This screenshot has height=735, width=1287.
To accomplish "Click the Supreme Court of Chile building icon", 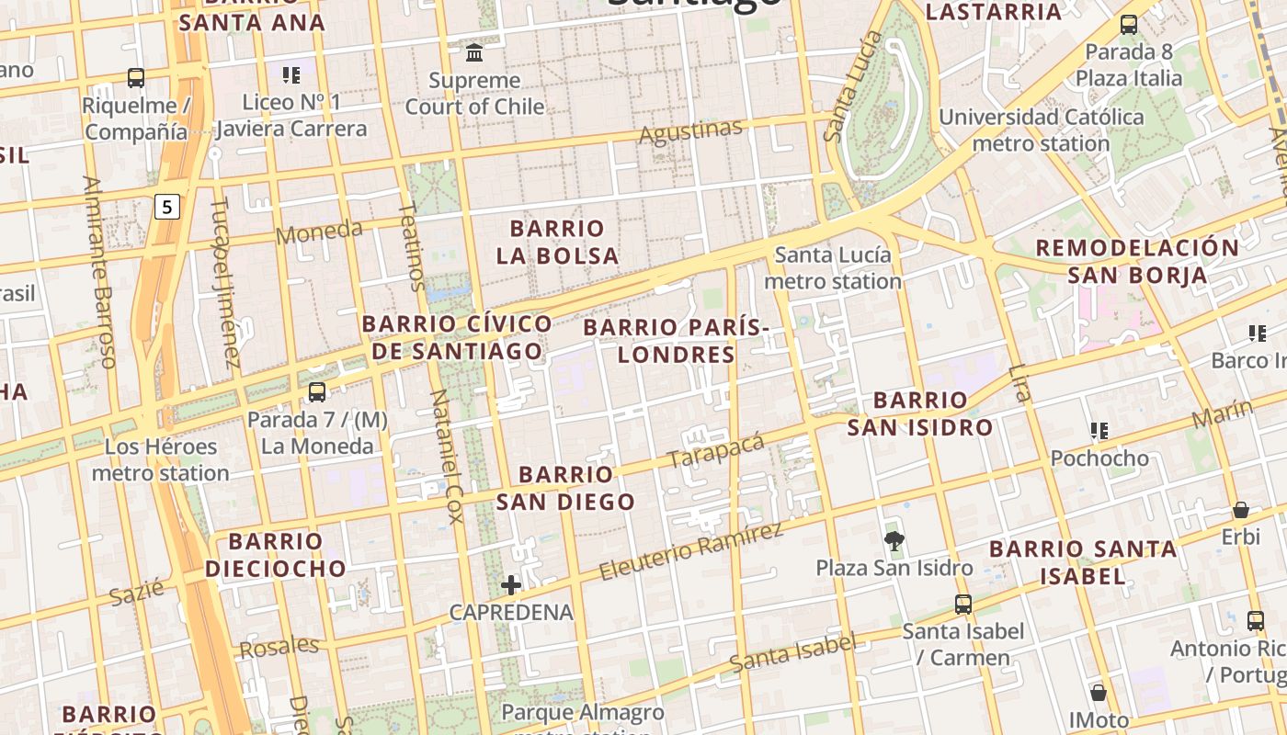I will [474, 51].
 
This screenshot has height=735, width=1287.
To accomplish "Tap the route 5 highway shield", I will [166, 207].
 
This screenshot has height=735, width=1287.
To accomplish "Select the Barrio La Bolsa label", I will [557, 242].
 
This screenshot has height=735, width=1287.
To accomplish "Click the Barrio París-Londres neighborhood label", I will [676, 341].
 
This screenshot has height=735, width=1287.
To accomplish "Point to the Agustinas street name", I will [689, 132].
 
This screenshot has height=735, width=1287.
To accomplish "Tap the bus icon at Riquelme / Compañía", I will [136, 78].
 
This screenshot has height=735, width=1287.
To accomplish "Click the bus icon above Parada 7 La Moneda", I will [317, 392].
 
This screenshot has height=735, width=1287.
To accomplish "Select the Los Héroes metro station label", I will [160, 460].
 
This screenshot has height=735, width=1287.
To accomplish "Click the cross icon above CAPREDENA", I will [511, 584].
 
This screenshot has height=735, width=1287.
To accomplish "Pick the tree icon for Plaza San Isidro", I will [893, 540].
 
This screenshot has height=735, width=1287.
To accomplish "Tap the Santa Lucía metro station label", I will [833, 267].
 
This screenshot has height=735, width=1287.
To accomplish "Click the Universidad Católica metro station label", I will [1041, 130].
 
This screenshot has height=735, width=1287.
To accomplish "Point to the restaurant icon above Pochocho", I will [1099, 430].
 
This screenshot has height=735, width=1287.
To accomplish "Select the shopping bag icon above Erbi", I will [1240, 510].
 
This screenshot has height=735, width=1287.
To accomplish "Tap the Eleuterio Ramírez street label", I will [690, 551].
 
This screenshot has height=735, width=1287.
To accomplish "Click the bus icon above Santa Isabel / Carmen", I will [962, 605].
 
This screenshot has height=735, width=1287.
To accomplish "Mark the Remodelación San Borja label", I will [1137, 261].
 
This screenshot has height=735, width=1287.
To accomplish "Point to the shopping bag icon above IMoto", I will [1098, 693].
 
